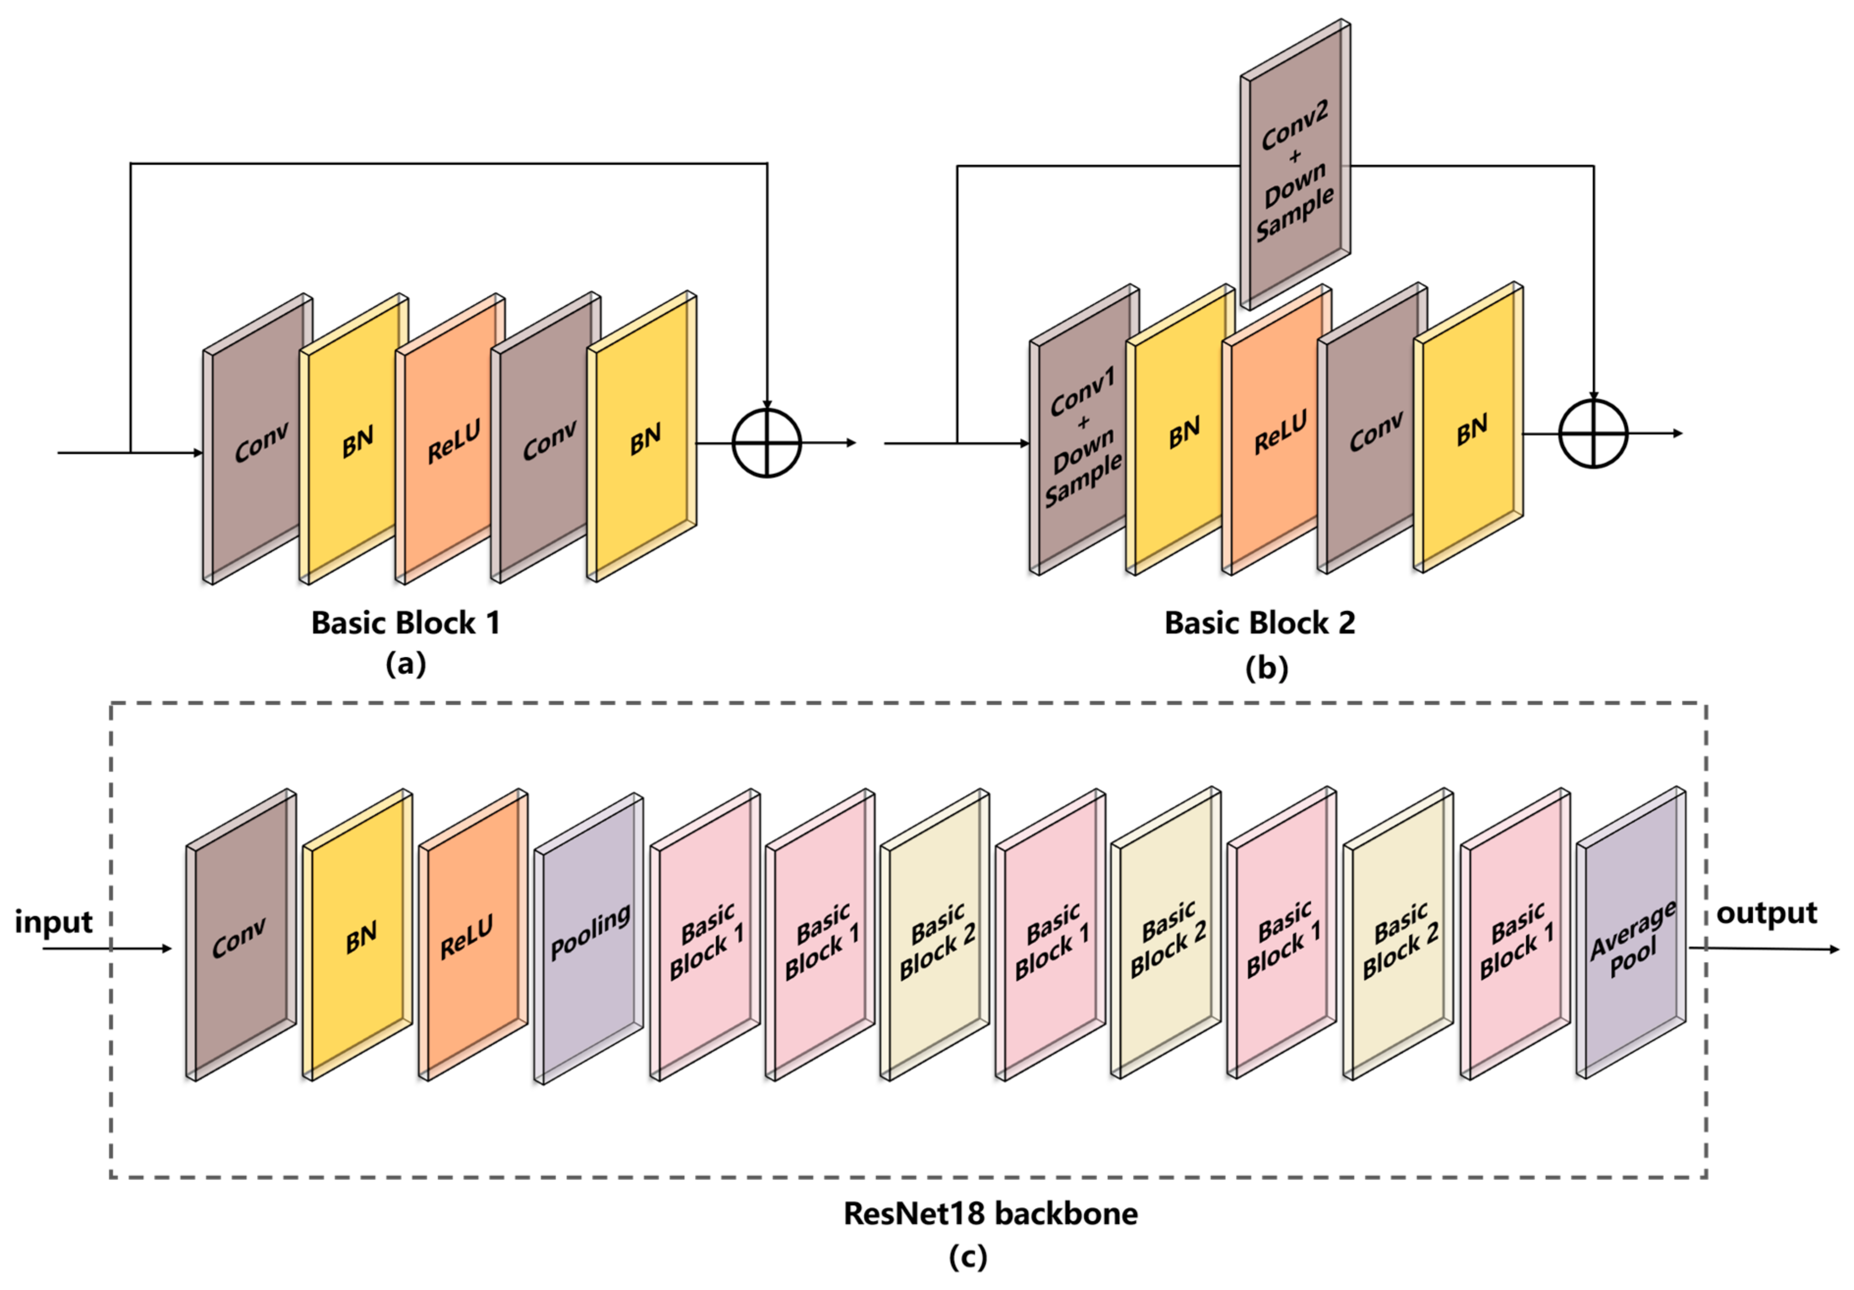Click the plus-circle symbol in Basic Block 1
pyautogui.click(x=766, y=443)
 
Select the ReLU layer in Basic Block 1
pyautogui.click(x=450, y=440)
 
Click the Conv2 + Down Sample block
pyautogui.click(x=1295, y=165)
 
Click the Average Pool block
pyautogui.click(x=1631, y=937)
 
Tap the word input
pyautogui.click(x=54, y=921)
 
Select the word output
pyautogui.click(x=1767, y=913)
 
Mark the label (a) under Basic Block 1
pyautogui.click(x=406, y=664)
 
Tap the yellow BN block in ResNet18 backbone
pyautogui.click(x=358, y=937)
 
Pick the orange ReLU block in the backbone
pyautogui.click(x=473, y=937)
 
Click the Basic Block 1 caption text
pyautogui.click(x=406, y=622)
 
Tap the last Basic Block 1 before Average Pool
pyautogui.click(x=1516, y=937)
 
